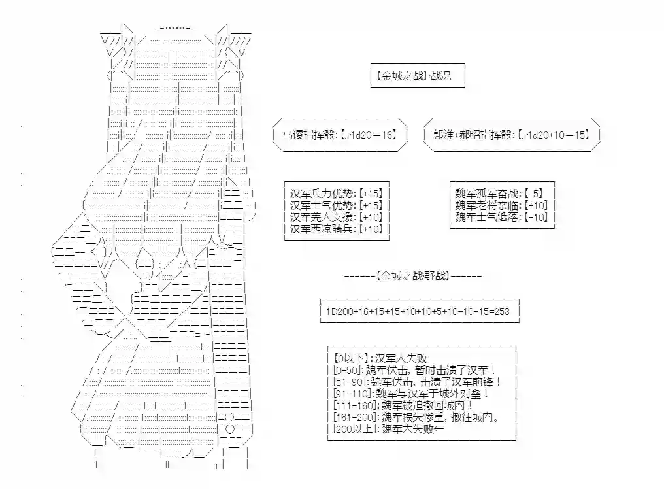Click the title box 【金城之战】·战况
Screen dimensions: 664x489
point(418,76)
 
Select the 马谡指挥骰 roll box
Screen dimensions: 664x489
point(340,135)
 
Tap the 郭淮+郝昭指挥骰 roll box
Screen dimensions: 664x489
point(512,135)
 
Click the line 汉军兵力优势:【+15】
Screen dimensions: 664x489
point(337,194)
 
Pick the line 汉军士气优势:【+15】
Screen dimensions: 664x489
point(337,205)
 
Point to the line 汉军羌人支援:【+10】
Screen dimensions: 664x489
point(337,217)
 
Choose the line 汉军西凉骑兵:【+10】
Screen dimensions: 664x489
point(337,229)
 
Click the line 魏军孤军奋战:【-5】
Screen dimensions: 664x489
point(499,194)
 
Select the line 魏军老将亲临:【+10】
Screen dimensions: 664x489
point(502,205)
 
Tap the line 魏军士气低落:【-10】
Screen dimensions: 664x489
point(502,217)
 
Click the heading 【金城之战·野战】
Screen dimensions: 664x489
point(413,277)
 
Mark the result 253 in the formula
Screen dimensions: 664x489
point(502,311)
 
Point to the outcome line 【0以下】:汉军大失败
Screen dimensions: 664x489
point(380,358)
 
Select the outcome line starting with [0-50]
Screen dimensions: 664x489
point(414,370)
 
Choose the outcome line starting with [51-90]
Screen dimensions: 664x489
point(418,382)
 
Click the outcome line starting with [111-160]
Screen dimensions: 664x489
point(404,405)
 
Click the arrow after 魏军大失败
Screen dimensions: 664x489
point(439,429)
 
